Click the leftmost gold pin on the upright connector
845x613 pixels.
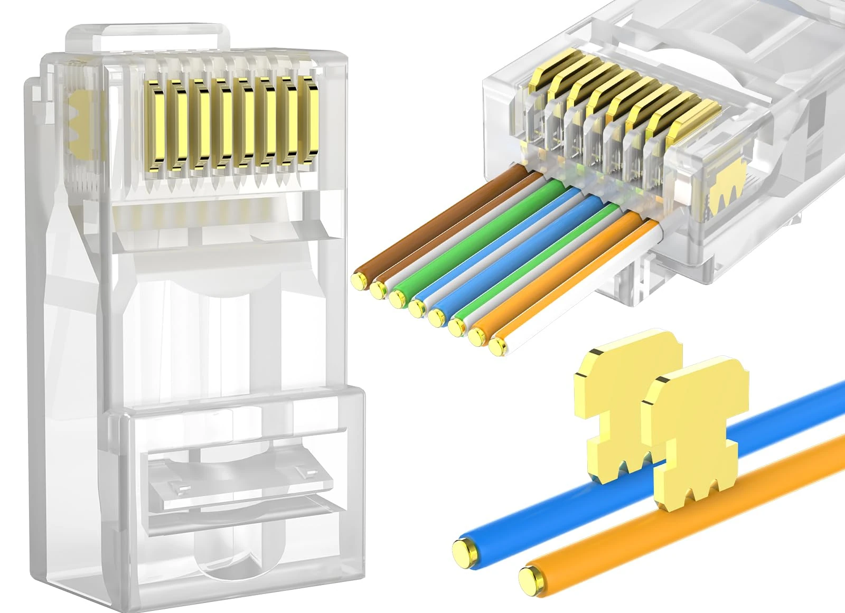click(x=157, y=124)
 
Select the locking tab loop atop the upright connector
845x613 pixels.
click(x=148, y=33)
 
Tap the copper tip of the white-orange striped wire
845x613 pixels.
click(x=496, y=346)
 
